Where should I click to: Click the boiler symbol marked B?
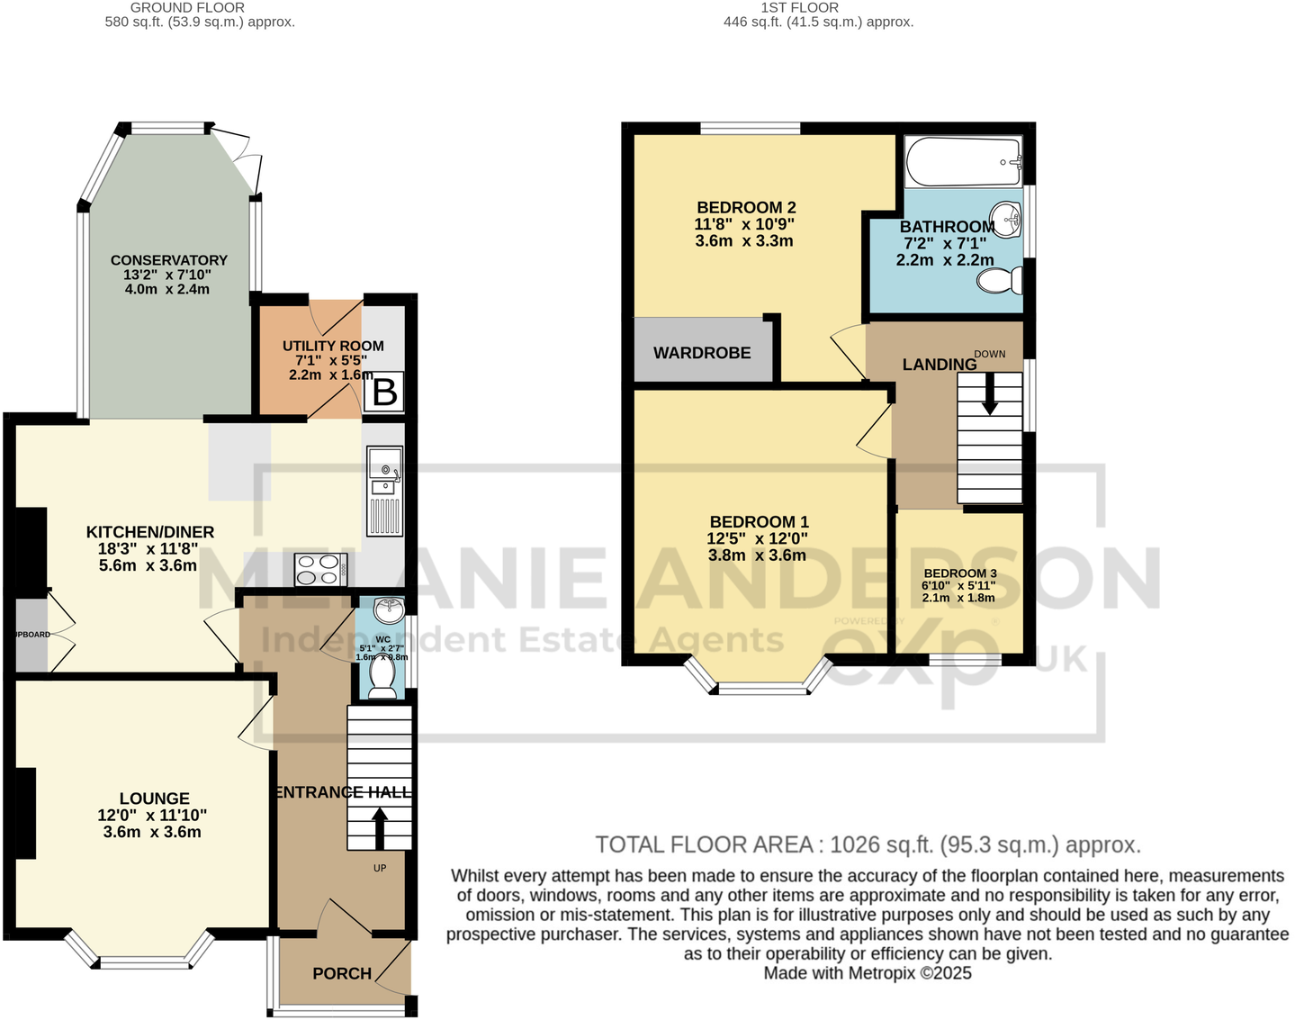[385, 393]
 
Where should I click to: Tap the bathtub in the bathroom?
[963, 162]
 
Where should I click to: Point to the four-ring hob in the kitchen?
[320, 569]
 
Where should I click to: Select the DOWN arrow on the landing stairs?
[990, 394]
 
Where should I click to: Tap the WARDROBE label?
[702, 353]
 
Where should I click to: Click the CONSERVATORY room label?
[168, 260]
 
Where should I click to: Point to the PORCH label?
[342, 973]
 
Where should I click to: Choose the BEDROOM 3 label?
[960, 573]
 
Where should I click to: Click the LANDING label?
[940, 365]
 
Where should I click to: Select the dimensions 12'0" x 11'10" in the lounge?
[152, 816]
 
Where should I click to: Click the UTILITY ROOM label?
[333, 346]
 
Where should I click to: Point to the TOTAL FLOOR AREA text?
[868, 844]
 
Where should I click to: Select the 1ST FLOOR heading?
[799, 7]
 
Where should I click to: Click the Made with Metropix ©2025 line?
[868, 973]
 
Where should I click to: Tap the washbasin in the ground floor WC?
[389, 609]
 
